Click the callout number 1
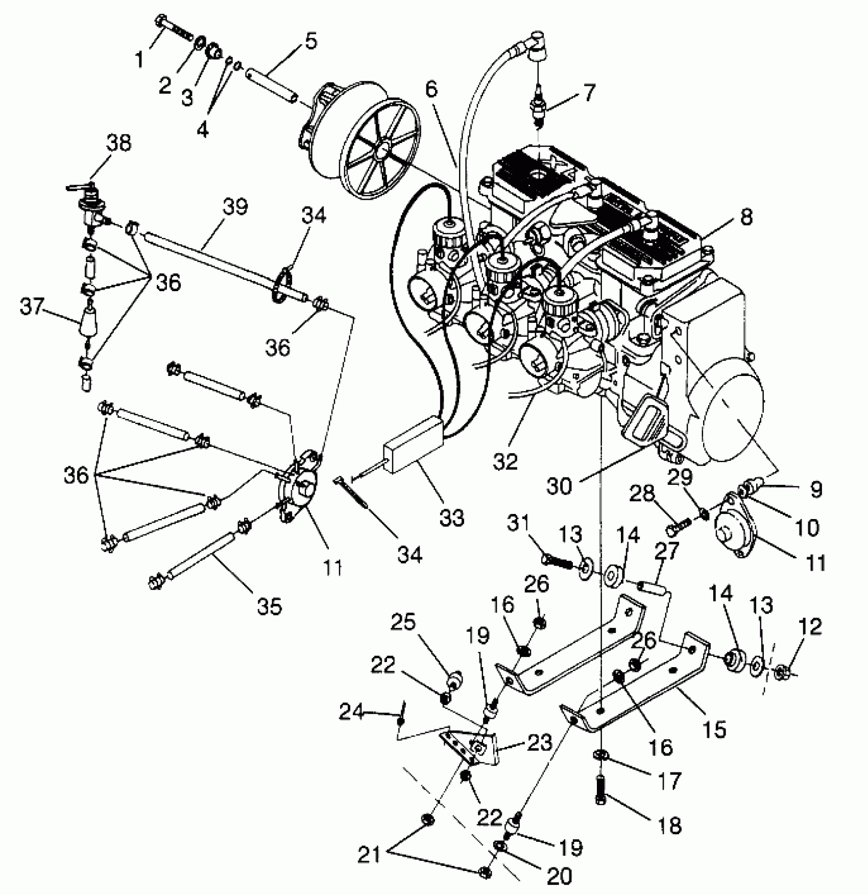tap(139, 60)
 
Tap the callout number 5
tap(311, 41)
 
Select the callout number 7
tap(589, 93)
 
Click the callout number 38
tap(118, 143)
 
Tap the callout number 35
tap(270, 607)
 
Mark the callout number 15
tap(714, 729)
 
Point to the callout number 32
tap(505, 461)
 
